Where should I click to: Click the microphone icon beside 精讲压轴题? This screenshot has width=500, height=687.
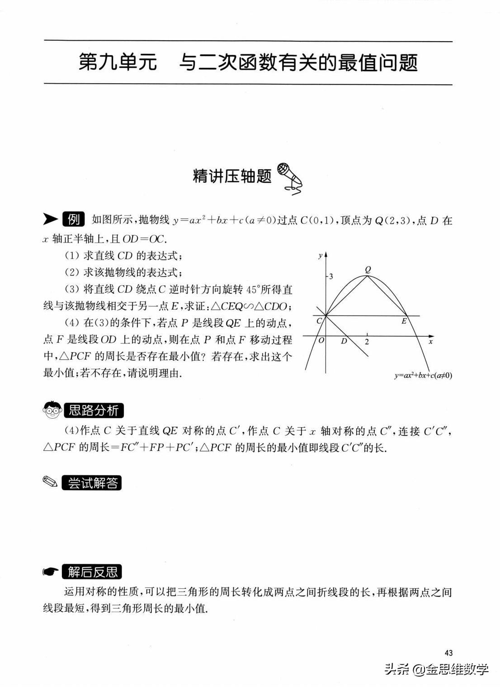click(x=289, y=177)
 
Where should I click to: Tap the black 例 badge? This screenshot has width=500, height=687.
click(x=74, y=219)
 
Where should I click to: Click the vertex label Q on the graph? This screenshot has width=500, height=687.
click(x=368, y=269)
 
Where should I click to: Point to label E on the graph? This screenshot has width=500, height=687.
click(x=404, y=321)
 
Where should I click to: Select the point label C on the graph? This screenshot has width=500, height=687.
click(x=319, y=321)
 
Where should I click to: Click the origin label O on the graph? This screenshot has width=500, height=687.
click(x=321, y=341)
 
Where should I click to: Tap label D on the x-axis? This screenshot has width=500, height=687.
click(x=344, y=341)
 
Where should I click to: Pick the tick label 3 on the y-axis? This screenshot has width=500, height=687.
click(x=331, y=276)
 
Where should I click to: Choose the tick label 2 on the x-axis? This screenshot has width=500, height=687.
click(x=367, y=342)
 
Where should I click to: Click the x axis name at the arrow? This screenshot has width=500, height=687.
click(x=431, y=342)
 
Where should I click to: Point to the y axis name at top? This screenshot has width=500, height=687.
click(x=320, y=256)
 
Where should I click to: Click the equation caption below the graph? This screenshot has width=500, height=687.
click(x=423, y=375)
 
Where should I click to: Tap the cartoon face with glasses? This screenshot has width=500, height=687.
click(x=52, y=410)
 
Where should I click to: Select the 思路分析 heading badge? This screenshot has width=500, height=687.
click(x=94, y=410)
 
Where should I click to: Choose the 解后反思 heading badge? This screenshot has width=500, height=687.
click(x=92, y=572)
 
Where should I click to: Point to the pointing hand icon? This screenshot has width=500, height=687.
click(x=51, y=572)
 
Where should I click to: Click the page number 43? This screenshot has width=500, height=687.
click(x=448, y=653)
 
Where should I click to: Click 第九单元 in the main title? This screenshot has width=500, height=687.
click(x=118, y=62)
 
